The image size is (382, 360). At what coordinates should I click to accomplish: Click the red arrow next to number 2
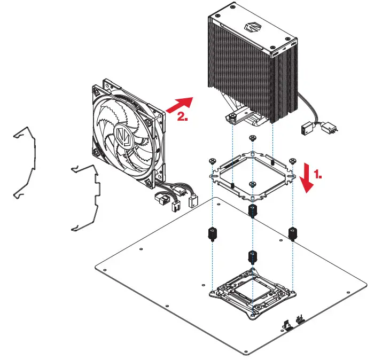point(178,104)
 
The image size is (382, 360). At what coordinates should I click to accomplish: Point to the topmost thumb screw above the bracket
point(252,138)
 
